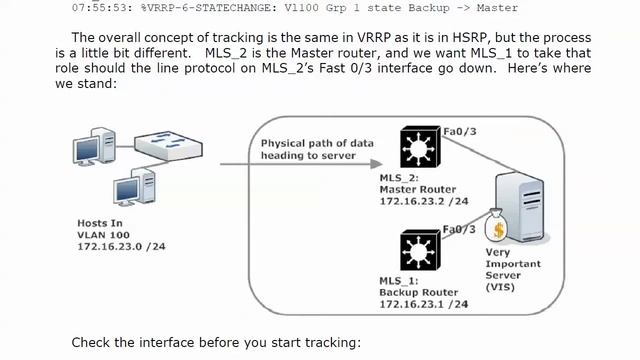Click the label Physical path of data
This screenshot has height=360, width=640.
[317, 143]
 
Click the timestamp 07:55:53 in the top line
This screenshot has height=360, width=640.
[102, 8]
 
